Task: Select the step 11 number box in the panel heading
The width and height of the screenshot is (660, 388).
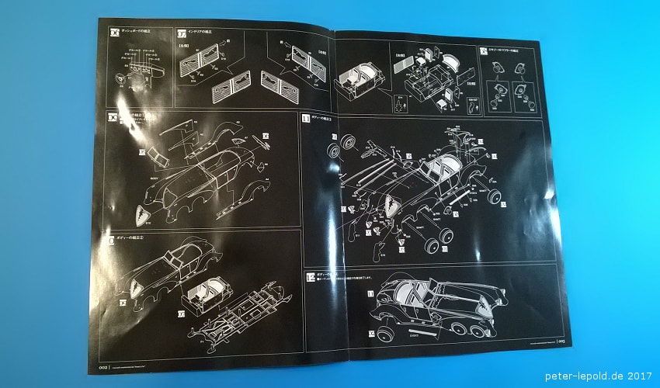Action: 306,119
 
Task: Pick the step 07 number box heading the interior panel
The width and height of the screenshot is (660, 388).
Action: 181,33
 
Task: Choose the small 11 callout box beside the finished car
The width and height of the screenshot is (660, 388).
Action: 370,295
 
